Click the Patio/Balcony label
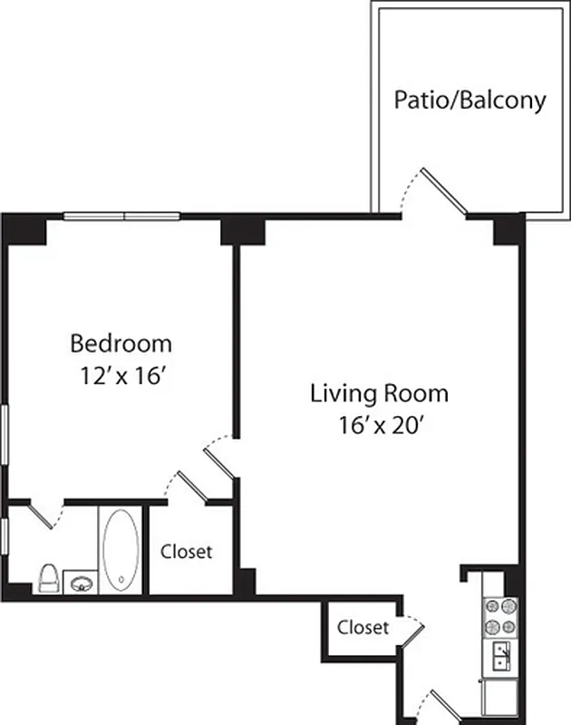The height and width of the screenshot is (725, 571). pos(469,100)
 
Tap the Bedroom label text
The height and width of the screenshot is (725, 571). pos(121,344)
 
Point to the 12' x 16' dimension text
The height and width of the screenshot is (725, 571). pos(121,376)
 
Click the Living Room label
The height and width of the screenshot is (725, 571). pos(379,394)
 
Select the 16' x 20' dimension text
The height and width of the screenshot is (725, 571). pos(379,424)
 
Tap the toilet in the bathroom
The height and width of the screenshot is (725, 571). pos(50,577)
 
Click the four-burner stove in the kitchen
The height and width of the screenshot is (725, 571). pos(501,616)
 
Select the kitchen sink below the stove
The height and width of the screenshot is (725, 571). pos(501,654)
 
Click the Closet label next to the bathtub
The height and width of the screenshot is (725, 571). pos(186,551)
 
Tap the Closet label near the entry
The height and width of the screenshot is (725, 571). pos(363,627)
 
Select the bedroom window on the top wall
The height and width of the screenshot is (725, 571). pos(121,217)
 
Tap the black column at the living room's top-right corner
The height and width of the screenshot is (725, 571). pos(507,230)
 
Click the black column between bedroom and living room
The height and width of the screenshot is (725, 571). pos(242,230)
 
